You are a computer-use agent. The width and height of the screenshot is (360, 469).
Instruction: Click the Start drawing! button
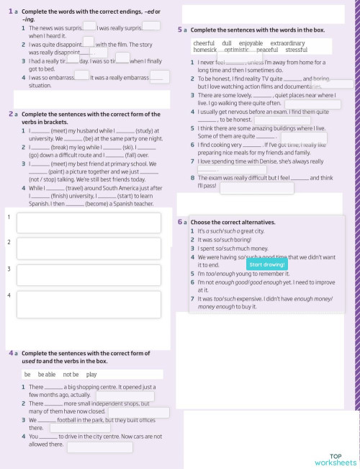tap(267, 264)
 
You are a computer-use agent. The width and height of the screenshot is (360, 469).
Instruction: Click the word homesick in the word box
tap(205, 50)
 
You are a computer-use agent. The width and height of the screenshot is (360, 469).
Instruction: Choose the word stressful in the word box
tap(296, 50)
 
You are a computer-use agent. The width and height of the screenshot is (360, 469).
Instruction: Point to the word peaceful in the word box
tap(266, 50)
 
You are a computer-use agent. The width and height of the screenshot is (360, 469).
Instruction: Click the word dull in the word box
tap(227, 44)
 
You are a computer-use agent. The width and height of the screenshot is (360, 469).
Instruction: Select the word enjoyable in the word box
tap(251, 44)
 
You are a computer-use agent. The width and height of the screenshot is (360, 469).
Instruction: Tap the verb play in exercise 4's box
tap(91, 375)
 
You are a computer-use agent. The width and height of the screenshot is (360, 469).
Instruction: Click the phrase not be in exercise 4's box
tap(71, 375)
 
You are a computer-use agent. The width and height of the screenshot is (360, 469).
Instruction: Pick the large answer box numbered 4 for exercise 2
tap(89, 305)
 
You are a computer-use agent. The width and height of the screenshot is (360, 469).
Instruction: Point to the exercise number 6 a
tap(182, 223)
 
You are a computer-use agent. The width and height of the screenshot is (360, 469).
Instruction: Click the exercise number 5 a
tap(182, 30)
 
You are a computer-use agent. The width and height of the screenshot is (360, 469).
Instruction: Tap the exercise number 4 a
tap(14, 354)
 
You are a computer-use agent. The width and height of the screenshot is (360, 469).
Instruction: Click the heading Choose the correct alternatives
tap(231, 223)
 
